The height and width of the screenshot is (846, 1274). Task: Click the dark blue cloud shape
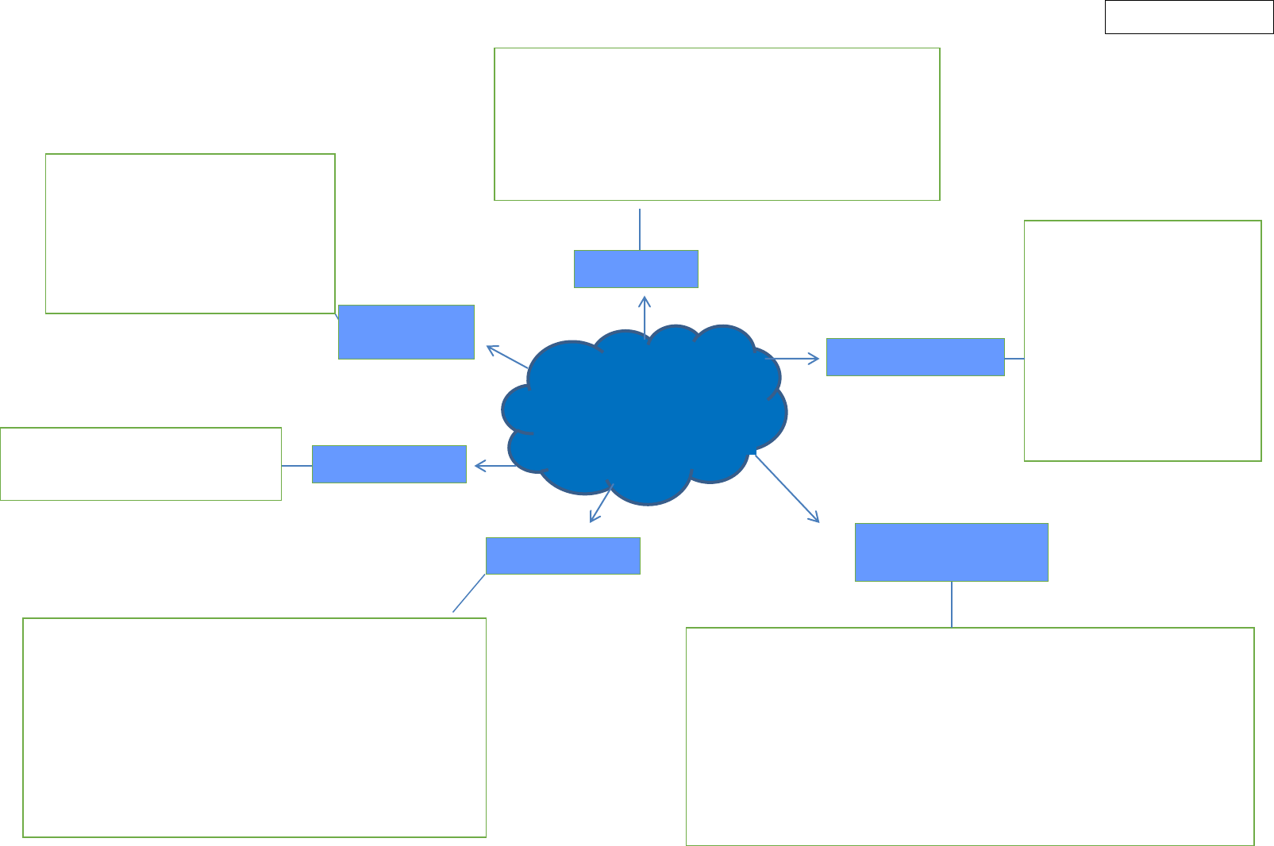(x=645, y=413)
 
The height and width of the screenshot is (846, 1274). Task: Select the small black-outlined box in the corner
(x=1188, y=17)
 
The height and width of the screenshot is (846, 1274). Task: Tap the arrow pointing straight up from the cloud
(x=645, y=317)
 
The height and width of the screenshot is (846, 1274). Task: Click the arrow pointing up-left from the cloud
(x=508, y=357)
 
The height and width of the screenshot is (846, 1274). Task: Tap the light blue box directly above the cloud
(x=636, y=269)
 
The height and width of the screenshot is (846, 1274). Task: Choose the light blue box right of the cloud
(x=915, y=357)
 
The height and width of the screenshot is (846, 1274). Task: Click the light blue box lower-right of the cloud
(x=951, y=552)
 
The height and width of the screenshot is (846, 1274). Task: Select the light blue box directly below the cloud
(x=563, y=556)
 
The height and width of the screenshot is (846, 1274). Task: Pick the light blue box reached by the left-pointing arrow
(x=389, y=464)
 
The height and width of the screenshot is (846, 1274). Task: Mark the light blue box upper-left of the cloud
(x=406, y=332)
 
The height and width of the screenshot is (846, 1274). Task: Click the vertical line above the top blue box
(x=640, y=229)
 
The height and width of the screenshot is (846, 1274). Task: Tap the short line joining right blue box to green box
(x=1014, y=359)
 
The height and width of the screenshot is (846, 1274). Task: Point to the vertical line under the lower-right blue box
(x=951, y=605)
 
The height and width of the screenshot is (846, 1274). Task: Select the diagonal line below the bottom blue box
(x=468, y=594)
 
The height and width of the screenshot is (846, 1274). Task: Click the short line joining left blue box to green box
(x=297, y=466)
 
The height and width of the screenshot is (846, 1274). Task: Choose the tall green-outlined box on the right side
(x=1142, y=340)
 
